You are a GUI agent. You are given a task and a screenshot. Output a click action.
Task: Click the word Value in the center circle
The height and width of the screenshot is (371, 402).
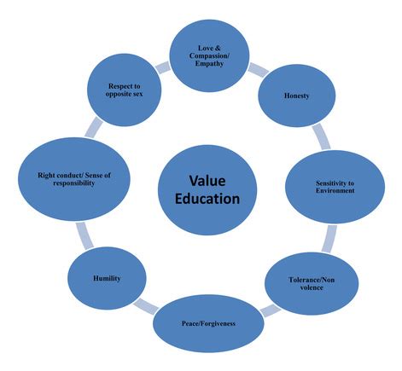point(207,181)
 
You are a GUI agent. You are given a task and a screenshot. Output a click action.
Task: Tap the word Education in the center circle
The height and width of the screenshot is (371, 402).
point(207,199)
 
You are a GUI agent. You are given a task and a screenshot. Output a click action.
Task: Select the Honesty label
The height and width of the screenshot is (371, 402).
point(296,96)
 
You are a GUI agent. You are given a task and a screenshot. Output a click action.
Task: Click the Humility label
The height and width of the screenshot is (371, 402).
point(107,278)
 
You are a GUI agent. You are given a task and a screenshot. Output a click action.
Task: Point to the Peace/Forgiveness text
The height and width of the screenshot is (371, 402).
point(208,323)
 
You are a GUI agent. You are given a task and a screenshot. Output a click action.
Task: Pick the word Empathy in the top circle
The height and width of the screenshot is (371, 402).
point(209,63)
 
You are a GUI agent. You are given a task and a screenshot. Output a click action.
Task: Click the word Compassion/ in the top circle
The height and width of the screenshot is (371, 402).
point(209,55)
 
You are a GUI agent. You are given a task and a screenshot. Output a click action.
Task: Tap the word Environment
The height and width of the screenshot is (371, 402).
point(335,190)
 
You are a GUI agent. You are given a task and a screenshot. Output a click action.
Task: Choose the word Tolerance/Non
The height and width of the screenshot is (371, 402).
point(312,280)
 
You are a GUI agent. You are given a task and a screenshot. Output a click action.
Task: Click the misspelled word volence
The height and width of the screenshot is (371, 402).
point(312,287)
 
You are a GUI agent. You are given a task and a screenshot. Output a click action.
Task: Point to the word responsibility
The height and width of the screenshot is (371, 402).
point(74,183)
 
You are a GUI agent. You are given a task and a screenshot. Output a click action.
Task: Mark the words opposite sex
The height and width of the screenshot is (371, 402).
point(124,94)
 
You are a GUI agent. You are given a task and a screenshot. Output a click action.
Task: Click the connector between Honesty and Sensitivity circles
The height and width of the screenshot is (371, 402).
point(322,136)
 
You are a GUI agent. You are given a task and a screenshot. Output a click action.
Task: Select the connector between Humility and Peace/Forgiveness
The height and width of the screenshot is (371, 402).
point(146,307)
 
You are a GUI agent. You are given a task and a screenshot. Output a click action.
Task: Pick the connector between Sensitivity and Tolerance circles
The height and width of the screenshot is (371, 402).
point(329,239)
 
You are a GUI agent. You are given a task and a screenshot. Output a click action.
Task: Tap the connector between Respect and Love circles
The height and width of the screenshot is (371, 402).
point(163,67)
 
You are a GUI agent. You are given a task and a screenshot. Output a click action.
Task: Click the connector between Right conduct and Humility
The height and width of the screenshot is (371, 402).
point(84,235)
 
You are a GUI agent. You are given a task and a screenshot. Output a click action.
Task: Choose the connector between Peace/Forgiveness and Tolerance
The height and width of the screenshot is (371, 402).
point(270,310)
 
